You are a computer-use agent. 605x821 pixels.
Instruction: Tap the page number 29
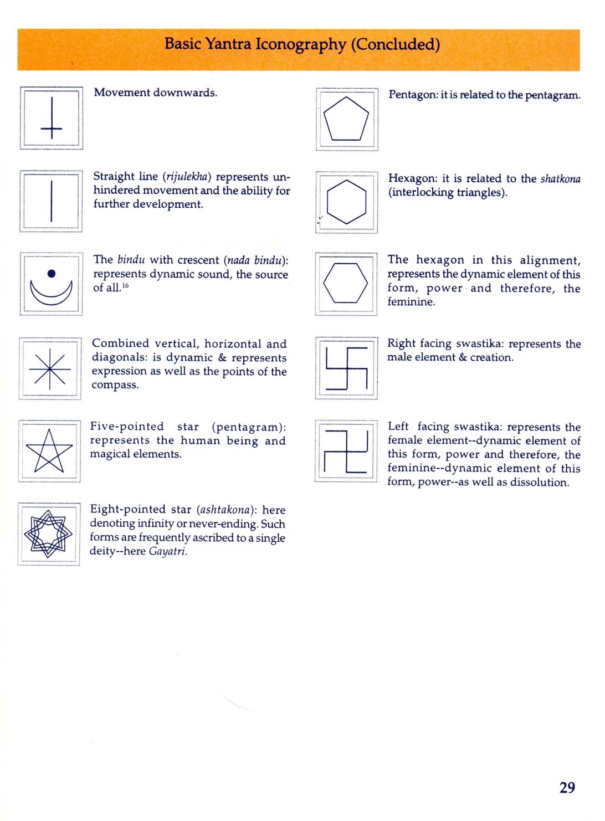(567, 787)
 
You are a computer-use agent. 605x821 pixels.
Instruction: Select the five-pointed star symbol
(49, 451)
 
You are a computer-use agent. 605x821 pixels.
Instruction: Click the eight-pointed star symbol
(48, 534)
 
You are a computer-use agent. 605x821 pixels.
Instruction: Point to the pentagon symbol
(346, 119)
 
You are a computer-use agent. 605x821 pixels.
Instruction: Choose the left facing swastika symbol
(346, 451)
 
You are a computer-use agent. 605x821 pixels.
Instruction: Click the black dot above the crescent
(52, 273)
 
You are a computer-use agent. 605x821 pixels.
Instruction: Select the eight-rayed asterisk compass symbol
(50, 368)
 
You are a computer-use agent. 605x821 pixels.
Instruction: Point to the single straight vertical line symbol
(52, 201)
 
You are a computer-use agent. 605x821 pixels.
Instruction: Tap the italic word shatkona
(560, 178)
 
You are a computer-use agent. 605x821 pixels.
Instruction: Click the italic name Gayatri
(168, 551)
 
